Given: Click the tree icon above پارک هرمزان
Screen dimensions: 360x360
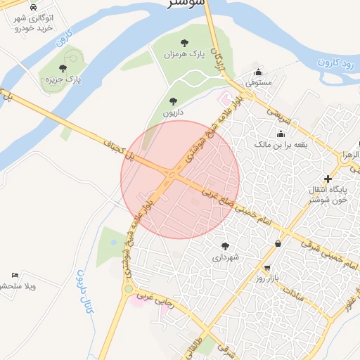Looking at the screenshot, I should [x=184, y=44].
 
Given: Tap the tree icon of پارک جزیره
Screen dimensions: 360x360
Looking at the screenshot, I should [x=63, y=69].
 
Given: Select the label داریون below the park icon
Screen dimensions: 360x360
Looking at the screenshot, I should [x=173, y=112].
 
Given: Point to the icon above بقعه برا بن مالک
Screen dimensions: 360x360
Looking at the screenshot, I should [x=281, y=134].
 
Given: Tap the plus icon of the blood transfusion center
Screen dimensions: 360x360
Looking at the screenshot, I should [x=328, y=179].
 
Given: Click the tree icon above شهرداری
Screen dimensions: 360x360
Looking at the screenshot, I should [x=225, y=246].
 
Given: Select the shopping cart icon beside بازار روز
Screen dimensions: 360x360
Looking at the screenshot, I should [x=267, y=268].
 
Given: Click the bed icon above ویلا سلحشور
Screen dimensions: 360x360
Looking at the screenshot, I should [x=15, y=275].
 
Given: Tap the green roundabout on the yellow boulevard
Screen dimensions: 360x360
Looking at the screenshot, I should [x=128, y=288].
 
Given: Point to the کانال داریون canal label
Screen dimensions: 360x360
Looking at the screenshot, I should [x=84, y=291].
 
